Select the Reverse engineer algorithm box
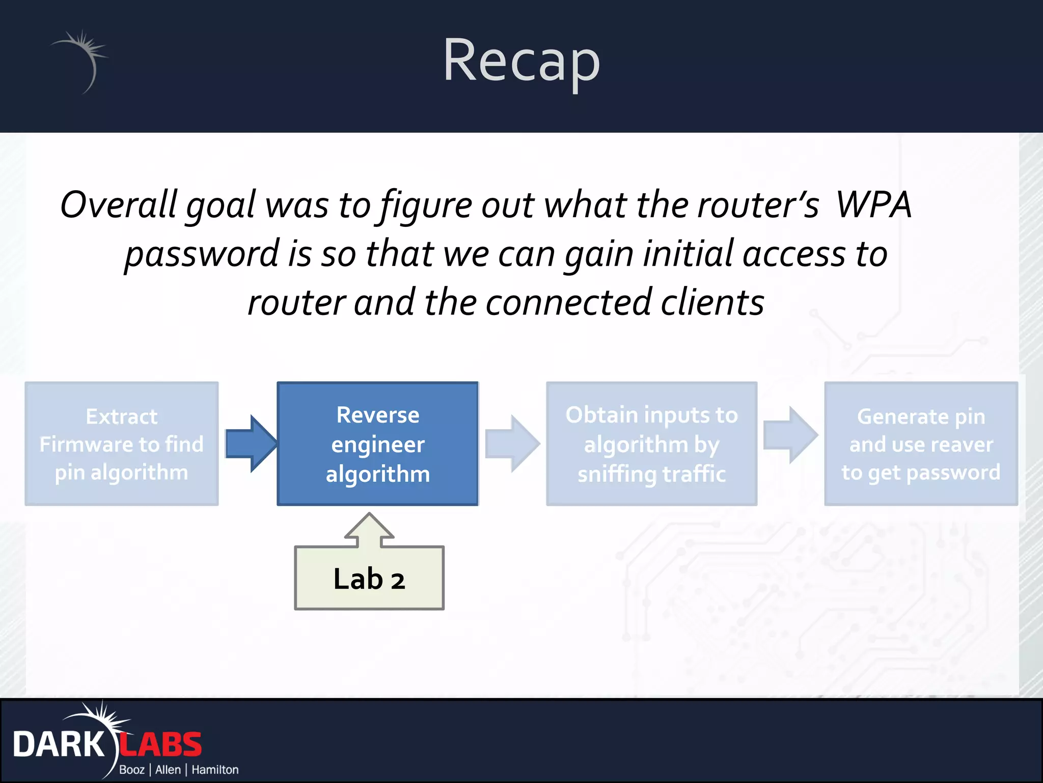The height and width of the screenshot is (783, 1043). pyautogui.click(x=377, y=443)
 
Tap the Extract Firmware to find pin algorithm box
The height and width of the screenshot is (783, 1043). pyautogui.click(x=122, y=443)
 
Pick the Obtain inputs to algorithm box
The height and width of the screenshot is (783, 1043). pyautogui.click(x=651, y=443)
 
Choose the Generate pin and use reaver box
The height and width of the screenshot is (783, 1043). pyautogui.click(x=921, y=443)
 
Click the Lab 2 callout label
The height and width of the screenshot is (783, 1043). pyautogui.click(x=369, y=579)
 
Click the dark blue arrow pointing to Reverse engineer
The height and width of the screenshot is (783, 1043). pyautogui.click(x=251, y=443)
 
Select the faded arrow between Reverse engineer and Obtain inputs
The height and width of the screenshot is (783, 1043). pyautogui.click(x=512, y=443)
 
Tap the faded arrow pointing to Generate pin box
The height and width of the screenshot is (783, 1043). pyautogui.click(x=790, y=435)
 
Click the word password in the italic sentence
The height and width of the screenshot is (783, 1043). pyautogui.click(x=202, y=254)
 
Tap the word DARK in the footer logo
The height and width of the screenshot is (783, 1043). pyautogui.click(x=59, y=745)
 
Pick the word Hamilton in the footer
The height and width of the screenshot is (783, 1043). pyautogui.click(x=215, y=770)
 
